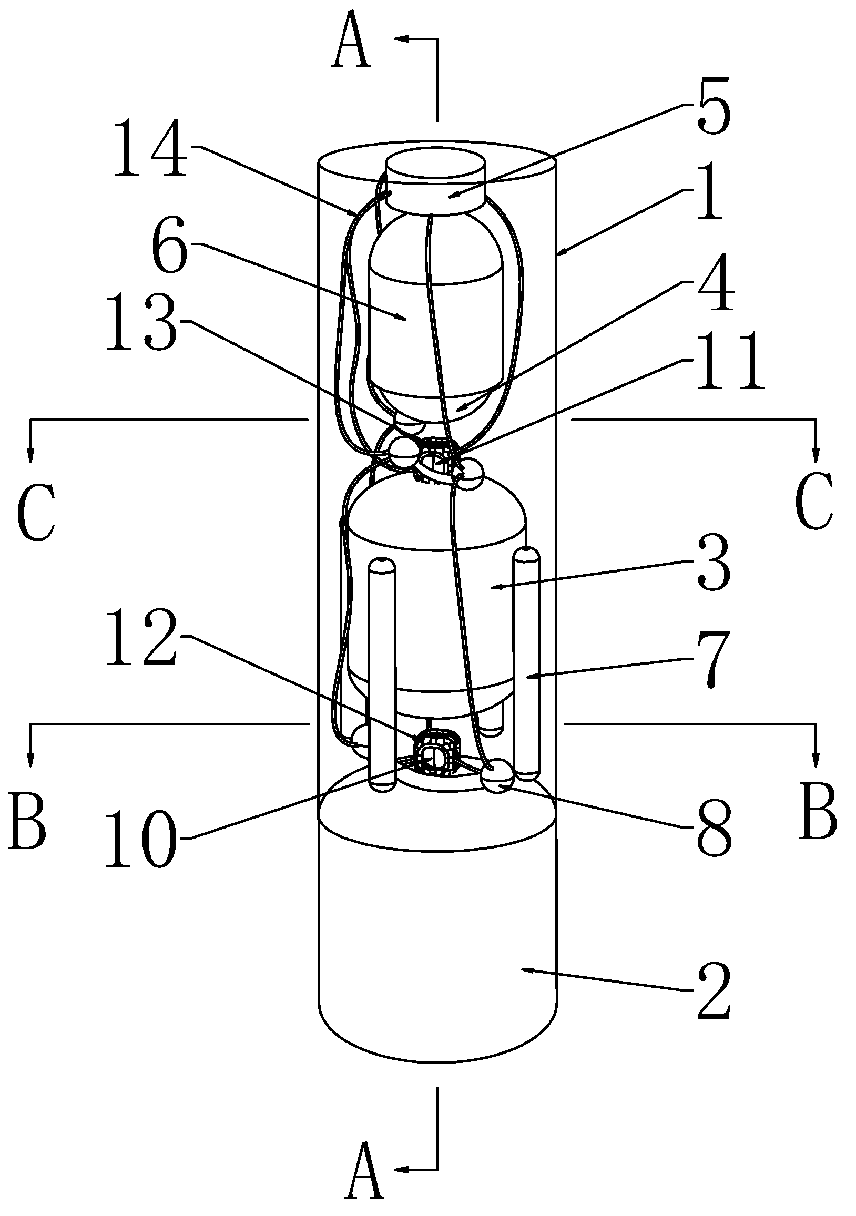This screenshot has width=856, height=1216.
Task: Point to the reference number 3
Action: click(713, 563)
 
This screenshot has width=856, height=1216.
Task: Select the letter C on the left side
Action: click(36, 513)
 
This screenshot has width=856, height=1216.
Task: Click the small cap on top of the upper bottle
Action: click(435, 183)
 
